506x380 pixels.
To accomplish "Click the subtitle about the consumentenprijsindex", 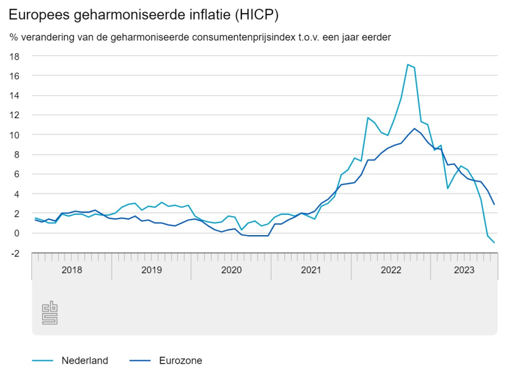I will [200, 37].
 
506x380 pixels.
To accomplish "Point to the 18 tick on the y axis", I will [15, 56].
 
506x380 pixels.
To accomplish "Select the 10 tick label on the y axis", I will [15, 135].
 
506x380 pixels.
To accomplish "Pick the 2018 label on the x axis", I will [71, 270].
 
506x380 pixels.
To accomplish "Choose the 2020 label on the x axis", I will [231, 270].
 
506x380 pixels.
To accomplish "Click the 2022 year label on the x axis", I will [391, 270].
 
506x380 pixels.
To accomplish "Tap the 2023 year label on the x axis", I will [464, 270].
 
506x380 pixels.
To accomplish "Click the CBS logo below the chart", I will [50, 313].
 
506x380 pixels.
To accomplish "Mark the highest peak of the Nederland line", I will [408, 64].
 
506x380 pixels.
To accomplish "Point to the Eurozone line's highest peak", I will [415, 129].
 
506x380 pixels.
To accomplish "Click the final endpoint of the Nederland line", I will [494, 243].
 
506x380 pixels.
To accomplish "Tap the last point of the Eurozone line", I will [494, 204].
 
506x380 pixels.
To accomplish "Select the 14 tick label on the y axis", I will [15, 96].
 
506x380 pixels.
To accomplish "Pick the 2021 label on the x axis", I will [311, 270].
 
